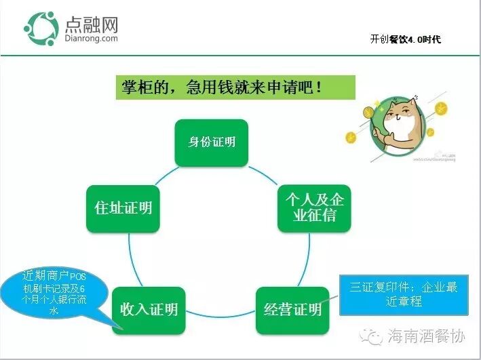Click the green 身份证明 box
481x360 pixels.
(211, 142)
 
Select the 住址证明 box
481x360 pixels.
(123, 207)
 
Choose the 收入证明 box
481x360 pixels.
(149, 310)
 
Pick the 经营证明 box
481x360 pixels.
(292, 310)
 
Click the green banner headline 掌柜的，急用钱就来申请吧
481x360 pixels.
(235, 87)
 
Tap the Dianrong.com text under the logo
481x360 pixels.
(91, 39)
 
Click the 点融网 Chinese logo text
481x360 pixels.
(92, 24)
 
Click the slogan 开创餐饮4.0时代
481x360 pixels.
(405, 39)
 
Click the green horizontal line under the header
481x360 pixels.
(240, 54)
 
